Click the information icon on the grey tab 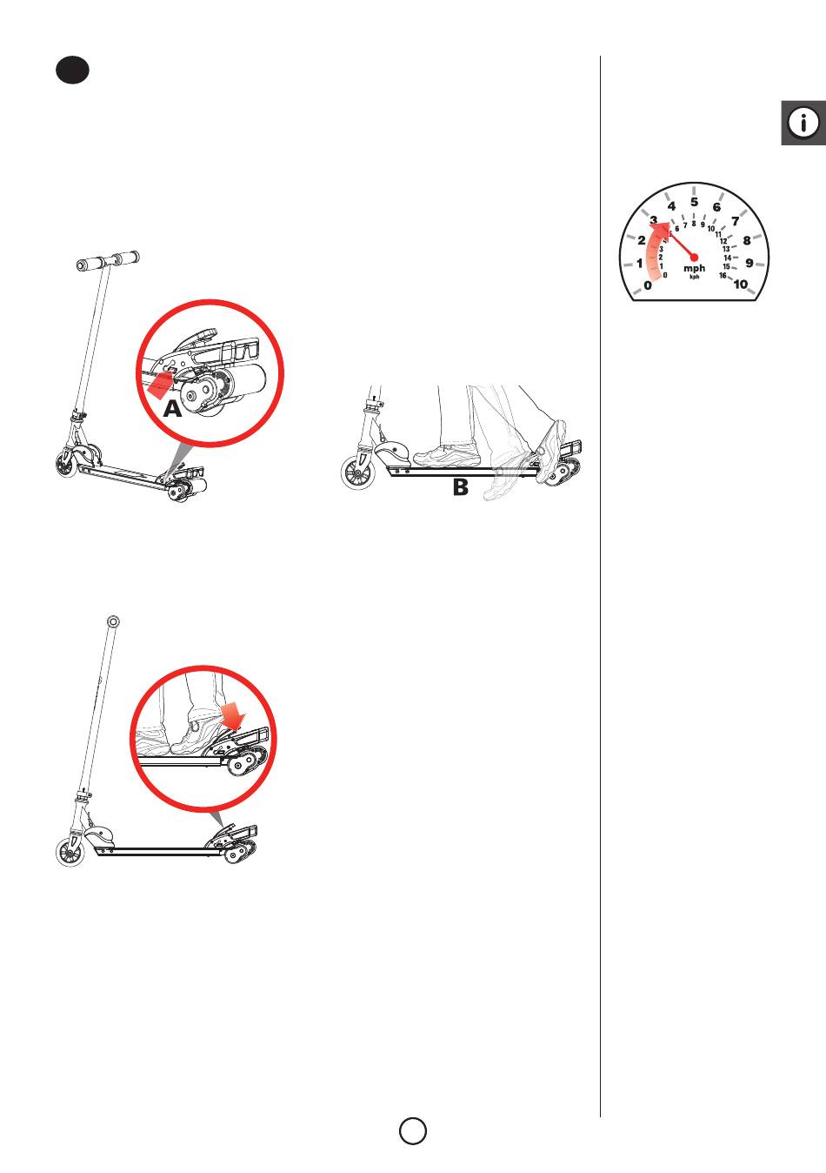(x=803, y=123)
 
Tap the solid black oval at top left (x=72, y=70)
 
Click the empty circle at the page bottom (x=413, y=1130)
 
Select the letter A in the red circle (x=173, y=408)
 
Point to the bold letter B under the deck (x=460, y=487)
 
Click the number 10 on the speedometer (x=740, y=284)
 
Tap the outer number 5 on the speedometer (x=694, y=202)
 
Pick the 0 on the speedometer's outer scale (x=648, y=285)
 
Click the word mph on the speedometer (x=694, y=268)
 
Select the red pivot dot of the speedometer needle (x=694, y=257)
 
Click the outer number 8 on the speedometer (x=747, y=240)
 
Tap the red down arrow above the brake (x=232, y=716)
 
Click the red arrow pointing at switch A (x=161, y=385)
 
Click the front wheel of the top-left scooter (x=66, y=464)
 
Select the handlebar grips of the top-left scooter (x=108, y=260)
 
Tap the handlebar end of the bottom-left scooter (x=113, y=621)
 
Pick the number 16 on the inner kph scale (x=723, y=276)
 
